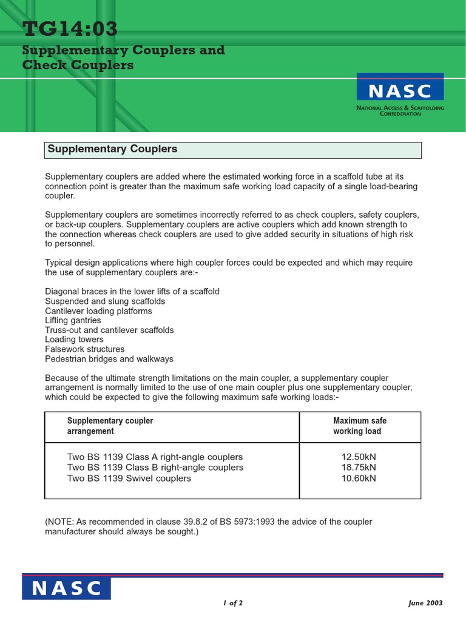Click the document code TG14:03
click(x=70, y=29)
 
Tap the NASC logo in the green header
click(x=400, y=91)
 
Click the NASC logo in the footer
click(x=67, y=588)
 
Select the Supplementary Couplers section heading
click(x=112, y=149)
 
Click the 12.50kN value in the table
click(x=359, y=457)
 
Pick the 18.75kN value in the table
click(x=359, y=468)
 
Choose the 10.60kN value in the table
click(x=359, y=478)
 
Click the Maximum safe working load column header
click(x=359, y=426)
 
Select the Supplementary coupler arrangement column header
click(x=110, y=426)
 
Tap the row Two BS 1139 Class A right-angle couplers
click(x=155, y=457)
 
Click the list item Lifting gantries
click(x=73, y=320)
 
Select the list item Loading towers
click(x=75, y=340)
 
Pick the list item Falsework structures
click(x=85, y=349)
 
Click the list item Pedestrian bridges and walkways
click(x=109, y=359)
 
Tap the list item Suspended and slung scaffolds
click(x=105, y=301)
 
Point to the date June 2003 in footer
click(x=425, y=603)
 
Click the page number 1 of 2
click(x=233, y=603)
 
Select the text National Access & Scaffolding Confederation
click(x=400, y=110)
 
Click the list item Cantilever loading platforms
click(x=98, y=310)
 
